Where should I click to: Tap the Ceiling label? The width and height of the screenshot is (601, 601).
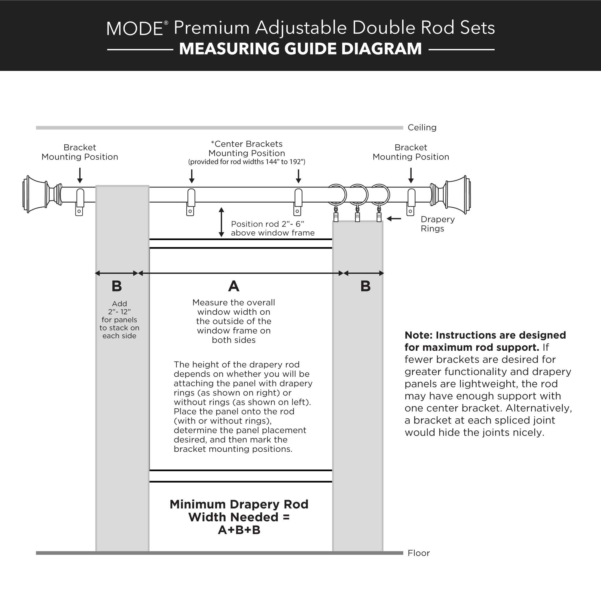[422, 127]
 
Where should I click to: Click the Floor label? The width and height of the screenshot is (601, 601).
[418, 553]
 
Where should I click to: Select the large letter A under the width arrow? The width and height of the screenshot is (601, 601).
[233, 286]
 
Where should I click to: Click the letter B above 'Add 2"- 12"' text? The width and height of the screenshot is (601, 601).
[117, 286]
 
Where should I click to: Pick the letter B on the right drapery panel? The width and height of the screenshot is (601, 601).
[365, 286]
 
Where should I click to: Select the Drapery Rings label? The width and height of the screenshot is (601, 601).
[437, 224]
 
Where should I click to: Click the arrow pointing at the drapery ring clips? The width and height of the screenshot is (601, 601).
[394, 219]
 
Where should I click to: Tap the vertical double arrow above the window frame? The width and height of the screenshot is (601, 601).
[221, 222]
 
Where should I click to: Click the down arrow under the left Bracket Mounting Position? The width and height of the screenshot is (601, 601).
[80, 175]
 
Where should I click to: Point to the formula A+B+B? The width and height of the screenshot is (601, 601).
[239, 530]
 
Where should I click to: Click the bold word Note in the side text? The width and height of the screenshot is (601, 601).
[418, 335]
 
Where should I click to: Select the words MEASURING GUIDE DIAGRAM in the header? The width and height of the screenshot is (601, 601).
[300, 49]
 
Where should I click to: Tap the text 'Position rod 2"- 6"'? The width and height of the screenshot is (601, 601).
[267, 224]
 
